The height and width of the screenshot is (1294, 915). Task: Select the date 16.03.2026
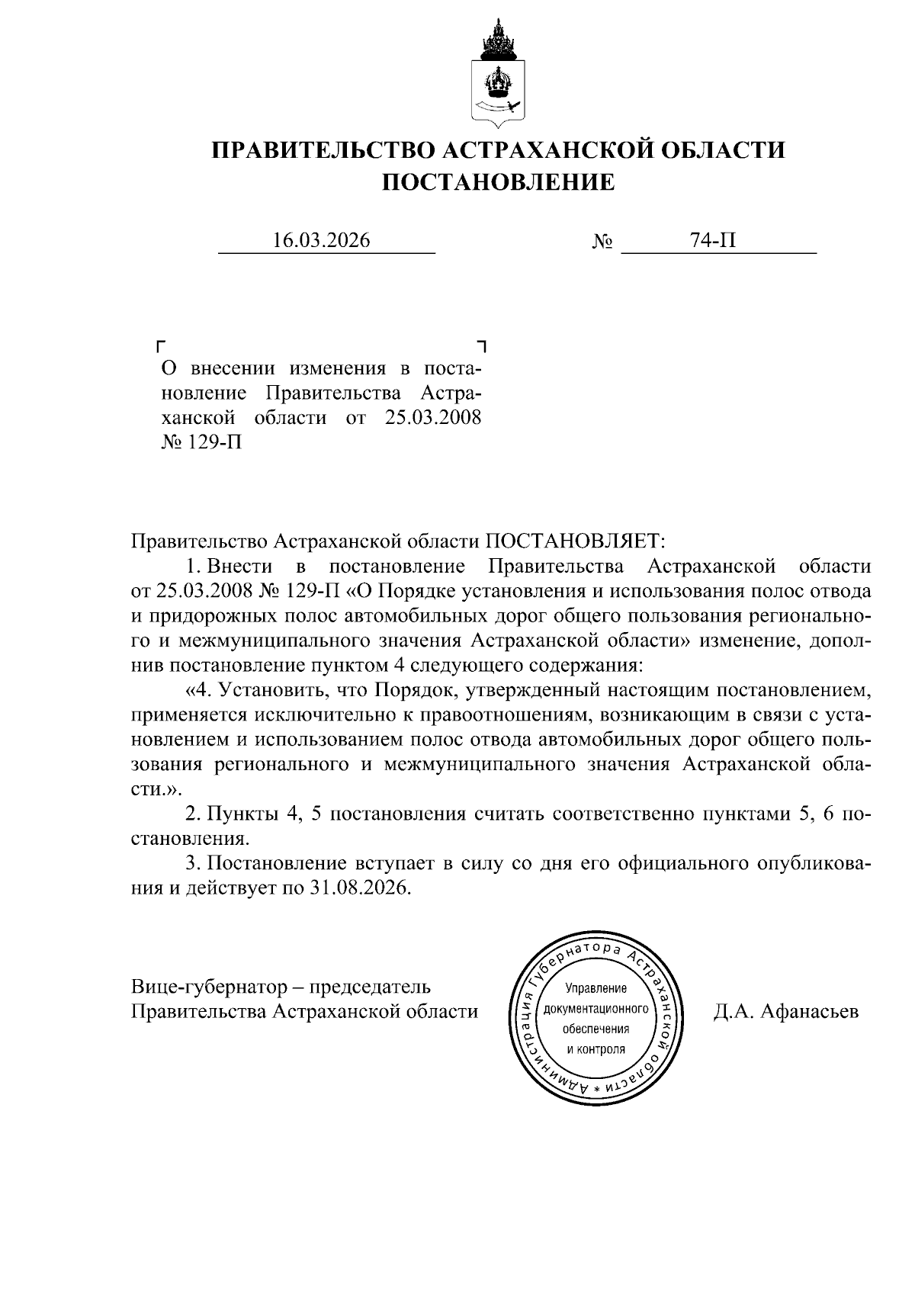[x=321, y=241]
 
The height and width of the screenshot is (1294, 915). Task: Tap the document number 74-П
[x=712, y=241]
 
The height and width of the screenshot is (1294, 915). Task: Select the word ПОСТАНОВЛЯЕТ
[x=576, y=541]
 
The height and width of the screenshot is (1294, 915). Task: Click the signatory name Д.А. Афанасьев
[x=786, y=1012]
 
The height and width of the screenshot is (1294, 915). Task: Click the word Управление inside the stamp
[x=596, y=989]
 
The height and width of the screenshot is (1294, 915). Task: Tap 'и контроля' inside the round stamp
[x=596, y=1048]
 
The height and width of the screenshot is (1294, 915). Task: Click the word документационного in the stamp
[x=596, y=1009]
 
